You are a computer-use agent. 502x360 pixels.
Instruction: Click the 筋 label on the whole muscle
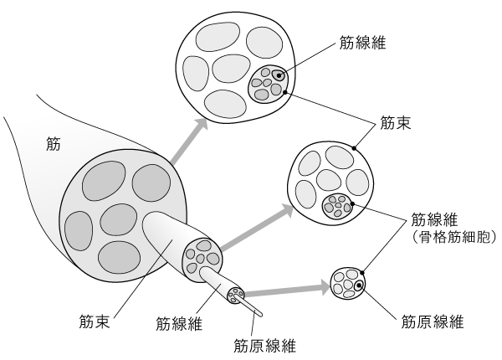click(53, 143)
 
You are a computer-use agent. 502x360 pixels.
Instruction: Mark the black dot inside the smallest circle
click(359, 286)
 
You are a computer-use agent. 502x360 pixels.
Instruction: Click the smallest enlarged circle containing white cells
click(348, 283)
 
